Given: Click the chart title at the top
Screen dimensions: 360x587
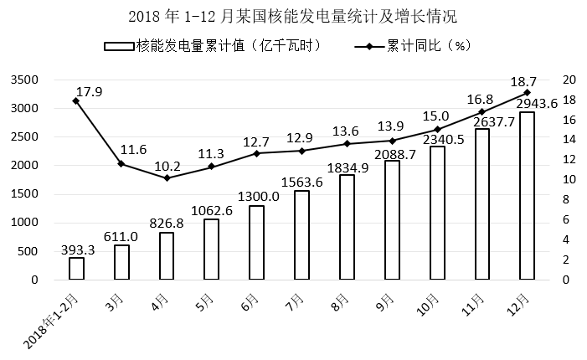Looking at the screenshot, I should [x=293, y=16].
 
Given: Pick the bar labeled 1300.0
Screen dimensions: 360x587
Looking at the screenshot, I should [x=256, y=242].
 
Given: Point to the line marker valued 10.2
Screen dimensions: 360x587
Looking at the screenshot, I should [x=167, y=177].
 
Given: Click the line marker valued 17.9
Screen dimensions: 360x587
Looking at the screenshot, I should [x=76, y=100].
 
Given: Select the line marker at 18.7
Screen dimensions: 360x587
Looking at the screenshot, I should [x=527, y=92].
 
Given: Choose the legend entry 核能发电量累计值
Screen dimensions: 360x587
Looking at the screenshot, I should [x=214, y=45].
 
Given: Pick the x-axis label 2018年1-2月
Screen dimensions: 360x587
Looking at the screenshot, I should [x=54, y=320].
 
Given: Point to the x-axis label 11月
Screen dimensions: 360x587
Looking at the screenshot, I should [x=478, y=300].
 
